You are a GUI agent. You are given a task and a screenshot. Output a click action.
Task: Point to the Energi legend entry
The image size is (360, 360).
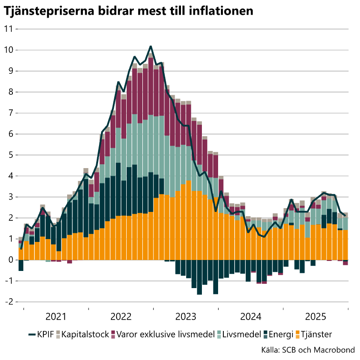[283, 334]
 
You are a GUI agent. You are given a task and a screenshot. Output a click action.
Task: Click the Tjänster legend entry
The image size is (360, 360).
[317, 334]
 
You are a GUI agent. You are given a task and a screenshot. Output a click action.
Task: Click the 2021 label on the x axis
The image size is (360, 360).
[56, 316]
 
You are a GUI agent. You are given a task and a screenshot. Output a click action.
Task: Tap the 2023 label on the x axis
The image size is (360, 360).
[186, 316]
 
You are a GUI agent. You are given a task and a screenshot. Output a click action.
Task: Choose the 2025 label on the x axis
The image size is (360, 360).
[316, 316]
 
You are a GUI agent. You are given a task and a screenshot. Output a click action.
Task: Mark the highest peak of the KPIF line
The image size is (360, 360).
[151, 46]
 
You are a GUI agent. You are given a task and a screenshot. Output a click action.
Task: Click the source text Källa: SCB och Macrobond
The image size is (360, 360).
[315, 350]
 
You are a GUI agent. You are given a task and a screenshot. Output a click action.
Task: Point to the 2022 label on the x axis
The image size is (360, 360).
[120, 316]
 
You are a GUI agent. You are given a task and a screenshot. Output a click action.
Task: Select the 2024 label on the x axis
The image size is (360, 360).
[250, 316]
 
